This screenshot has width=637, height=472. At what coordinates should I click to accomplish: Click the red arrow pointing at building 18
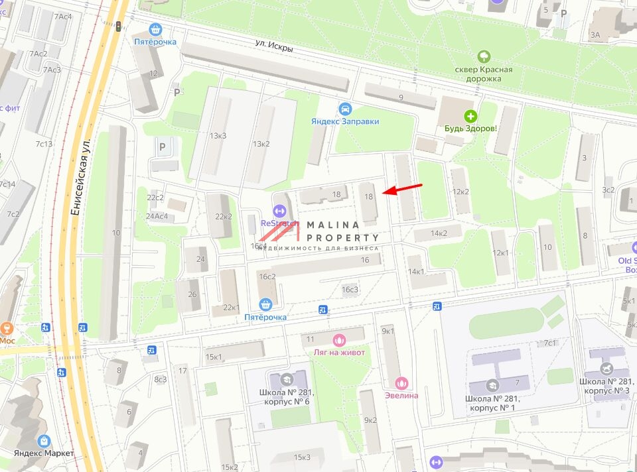401,190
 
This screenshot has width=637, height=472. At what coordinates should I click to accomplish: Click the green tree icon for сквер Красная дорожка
483,57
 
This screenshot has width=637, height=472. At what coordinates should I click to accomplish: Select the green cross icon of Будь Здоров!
470,115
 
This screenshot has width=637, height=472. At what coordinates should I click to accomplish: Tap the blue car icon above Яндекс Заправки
344,109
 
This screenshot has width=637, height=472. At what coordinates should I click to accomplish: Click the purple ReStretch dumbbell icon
279,211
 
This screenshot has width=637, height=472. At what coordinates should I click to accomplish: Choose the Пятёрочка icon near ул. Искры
156,29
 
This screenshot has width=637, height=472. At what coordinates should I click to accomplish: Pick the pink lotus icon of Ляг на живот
339,339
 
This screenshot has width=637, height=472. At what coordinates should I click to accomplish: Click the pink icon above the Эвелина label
401,383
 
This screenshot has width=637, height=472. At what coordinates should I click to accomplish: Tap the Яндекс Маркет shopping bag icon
44,440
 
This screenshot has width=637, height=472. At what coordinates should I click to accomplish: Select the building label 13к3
218,136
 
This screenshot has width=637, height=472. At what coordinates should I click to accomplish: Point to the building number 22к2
223,216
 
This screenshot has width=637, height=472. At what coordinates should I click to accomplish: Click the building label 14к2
439,233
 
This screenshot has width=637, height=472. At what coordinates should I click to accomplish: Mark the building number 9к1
388,331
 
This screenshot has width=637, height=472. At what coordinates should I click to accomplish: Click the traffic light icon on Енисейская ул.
118,26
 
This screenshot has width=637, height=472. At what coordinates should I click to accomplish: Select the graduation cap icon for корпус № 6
287,379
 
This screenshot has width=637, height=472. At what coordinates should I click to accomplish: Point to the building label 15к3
303,457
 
